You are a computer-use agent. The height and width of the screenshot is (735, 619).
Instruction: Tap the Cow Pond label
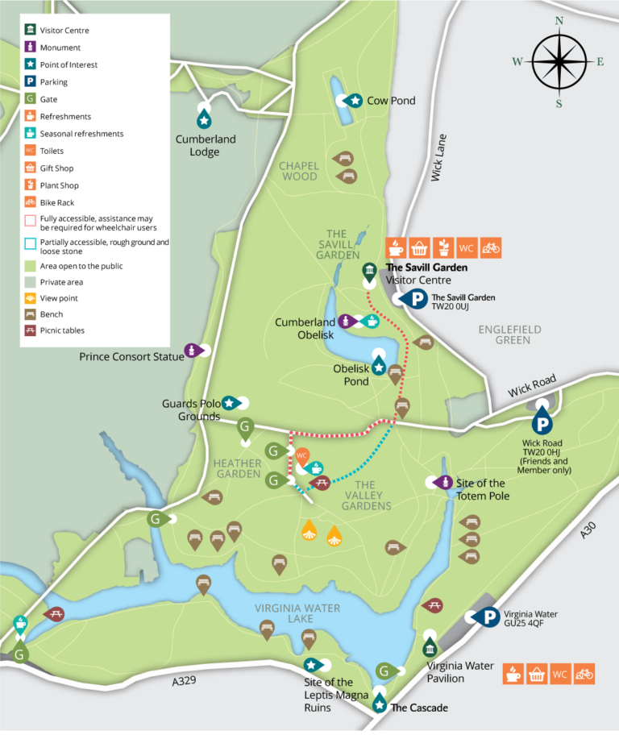(391, 101)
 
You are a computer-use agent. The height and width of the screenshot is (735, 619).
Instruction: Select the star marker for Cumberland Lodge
(204, 118)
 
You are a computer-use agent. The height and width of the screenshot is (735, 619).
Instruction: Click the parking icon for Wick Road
(542, 421)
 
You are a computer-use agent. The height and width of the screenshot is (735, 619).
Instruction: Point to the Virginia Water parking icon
(488, 617)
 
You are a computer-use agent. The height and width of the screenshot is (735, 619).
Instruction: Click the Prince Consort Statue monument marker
(192, 350)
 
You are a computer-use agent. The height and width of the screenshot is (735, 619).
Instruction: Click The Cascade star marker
(380, 704)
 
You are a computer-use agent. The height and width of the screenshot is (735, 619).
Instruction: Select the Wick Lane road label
(438, 157)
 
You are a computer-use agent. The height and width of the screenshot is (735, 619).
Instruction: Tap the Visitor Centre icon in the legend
(30, 30)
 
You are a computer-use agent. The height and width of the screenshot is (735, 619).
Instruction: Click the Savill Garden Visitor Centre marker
(369, 270)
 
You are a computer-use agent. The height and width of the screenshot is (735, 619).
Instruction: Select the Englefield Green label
(509, 334)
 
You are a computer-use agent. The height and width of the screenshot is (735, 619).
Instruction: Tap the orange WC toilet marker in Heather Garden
(301, 455)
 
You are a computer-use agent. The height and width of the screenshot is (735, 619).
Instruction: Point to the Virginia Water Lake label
(297, 613)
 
